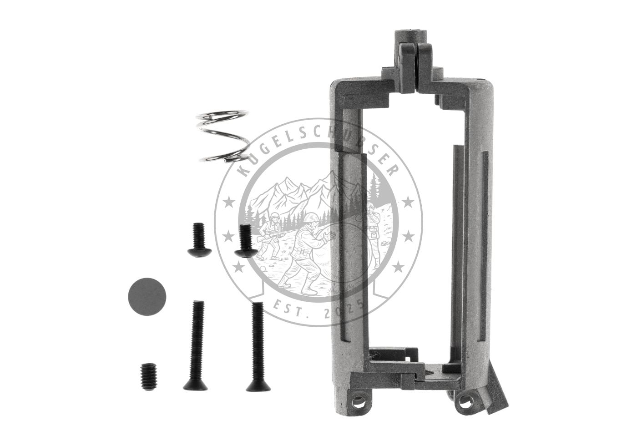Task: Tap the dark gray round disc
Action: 147,297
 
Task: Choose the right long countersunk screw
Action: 258,346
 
